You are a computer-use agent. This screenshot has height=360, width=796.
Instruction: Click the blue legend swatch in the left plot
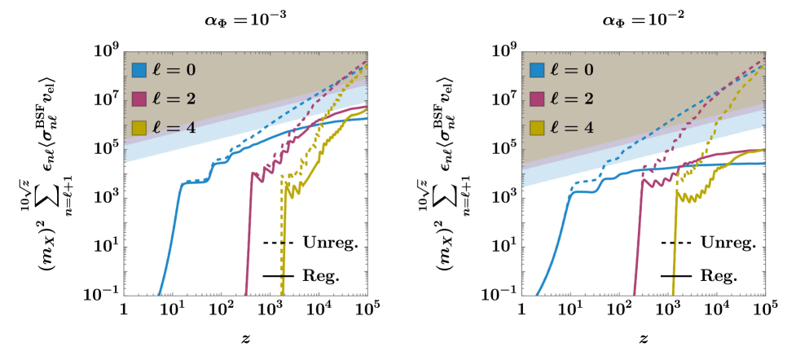(x=139, y=70)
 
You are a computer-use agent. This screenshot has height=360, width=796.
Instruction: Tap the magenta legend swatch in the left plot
(x=139, y=99)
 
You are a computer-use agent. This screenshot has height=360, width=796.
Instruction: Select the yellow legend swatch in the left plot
(x=139, y=127)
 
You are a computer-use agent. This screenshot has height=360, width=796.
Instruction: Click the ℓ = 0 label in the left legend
(x=174, y=70)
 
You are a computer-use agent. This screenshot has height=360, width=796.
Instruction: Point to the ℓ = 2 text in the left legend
(x=174, y=99)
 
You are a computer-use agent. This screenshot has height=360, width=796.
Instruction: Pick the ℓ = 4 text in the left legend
(x=174, y=127)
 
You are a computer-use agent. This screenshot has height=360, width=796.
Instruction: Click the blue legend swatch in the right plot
(x=537, y=70)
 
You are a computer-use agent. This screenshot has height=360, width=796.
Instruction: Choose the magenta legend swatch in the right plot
(x=537, y=99)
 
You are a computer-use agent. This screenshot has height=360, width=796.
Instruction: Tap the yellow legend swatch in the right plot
(x=537, y=127)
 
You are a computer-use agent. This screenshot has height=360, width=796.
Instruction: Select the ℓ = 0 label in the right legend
(x=572, y=70)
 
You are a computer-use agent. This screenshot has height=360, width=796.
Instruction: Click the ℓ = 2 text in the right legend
(x=572, y=99)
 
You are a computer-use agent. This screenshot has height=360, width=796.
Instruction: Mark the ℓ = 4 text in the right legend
(x=572, y=127)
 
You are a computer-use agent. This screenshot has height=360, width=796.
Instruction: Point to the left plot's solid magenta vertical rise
(x=248, y=236)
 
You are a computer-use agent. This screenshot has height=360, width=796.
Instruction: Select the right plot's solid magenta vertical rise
(x=638, y=236)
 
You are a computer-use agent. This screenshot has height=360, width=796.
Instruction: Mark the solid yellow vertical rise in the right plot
(x=675, y=244)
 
